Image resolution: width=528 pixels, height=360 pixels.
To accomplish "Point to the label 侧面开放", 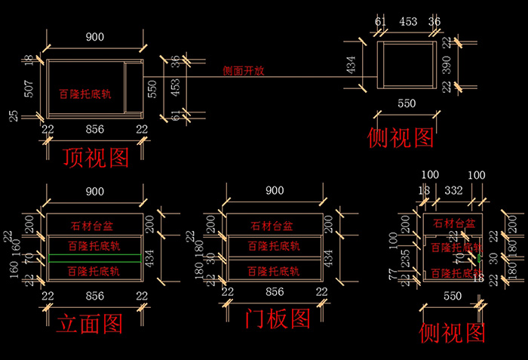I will pyautogui.click(x=244, y=72).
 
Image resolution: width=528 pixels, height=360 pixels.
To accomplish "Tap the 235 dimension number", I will pyautogui.click(x=406, y=259).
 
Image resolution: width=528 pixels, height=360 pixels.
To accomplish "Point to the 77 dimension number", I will pyautogui.click(x=393, y=274).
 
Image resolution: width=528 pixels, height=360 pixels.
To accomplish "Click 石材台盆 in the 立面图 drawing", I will pyautogui.click(x=94, y=225).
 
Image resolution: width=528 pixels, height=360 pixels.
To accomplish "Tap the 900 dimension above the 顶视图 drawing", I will pyautogui.click(x=94, y=36).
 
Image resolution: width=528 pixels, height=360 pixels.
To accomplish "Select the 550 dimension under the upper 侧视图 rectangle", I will pyautogui.click(x=406, y=103).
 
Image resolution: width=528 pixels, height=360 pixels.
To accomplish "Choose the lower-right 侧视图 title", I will pyautogui.click(x=452, y=331).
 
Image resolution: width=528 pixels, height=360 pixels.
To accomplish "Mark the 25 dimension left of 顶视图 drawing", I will pyautogui.click(x=14, y=116).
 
